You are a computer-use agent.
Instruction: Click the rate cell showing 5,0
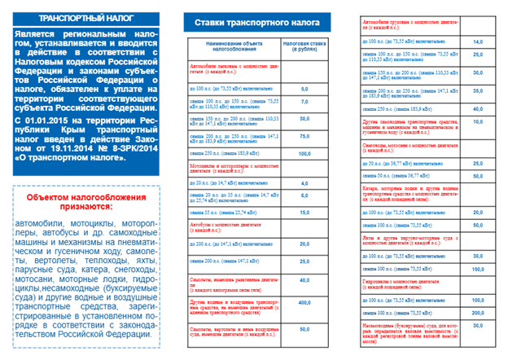(304, 89)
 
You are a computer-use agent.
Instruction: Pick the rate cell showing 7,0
(304, 102)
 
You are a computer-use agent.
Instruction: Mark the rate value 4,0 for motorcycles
(304, 183)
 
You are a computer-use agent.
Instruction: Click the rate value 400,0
(304, 302)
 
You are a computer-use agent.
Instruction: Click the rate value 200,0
(478, 312)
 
